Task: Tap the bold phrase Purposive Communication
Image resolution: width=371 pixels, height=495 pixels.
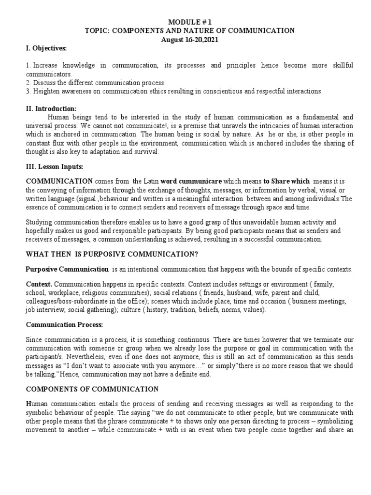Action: (x=67, y=269)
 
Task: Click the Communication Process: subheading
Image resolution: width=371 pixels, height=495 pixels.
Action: (x=58, y=325)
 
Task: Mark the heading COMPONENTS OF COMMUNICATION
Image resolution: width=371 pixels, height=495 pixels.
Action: (x=92, y=389)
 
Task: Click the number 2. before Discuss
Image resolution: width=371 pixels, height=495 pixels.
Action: (x=29, y=83)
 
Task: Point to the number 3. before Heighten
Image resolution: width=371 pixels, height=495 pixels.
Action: (x=29, y=91)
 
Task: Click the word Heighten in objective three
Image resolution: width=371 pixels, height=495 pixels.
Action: (x=46, y=91)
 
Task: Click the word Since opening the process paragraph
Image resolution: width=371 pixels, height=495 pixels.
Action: (x=35, y=340)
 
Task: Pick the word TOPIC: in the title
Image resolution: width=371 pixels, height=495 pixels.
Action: (x=97, y=31)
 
